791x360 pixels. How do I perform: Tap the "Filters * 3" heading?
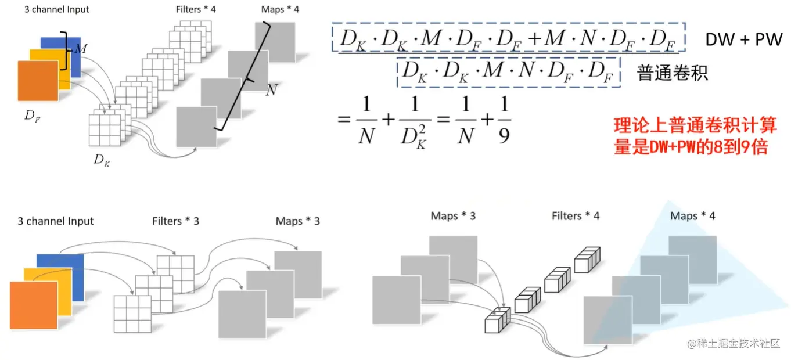(175, 221)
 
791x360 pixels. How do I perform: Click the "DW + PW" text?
(744, 39)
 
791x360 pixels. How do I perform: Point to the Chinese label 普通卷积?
(673, 73)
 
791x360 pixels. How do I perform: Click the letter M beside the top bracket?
(81, 50)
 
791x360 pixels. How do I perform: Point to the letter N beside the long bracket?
(271, 91)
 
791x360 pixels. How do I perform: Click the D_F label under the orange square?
(33, 116)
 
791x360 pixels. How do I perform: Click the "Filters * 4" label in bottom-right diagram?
(575, 216)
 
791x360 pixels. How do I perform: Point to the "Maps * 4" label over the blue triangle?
(692, 216)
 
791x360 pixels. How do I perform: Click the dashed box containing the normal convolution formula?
(509, 72)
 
